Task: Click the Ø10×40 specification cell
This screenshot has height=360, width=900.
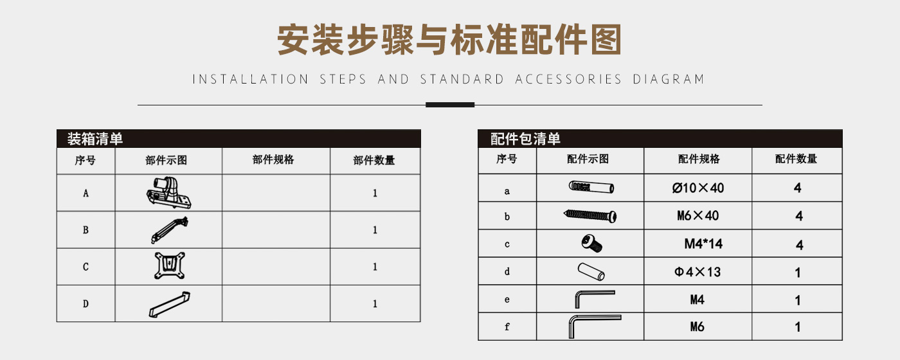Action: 698,188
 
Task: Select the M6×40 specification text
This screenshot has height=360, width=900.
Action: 698,216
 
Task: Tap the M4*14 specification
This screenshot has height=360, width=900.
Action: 703,244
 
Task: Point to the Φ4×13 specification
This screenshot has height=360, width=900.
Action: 697,272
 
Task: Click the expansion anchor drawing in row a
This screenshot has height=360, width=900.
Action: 591,187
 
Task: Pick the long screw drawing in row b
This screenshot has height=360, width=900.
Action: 590,215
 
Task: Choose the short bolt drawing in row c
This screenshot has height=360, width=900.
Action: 591,244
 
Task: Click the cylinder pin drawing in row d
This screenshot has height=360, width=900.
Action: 591,271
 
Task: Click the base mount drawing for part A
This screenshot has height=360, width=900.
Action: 168,193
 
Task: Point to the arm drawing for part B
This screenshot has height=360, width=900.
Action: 169,230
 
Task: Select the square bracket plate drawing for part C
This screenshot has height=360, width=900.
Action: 170,265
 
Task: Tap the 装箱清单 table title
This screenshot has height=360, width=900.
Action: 95,139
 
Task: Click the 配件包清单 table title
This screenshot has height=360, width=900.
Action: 525,139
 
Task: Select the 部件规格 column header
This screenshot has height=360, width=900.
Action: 273,160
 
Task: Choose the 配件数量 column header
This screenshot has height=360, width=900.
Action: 796,159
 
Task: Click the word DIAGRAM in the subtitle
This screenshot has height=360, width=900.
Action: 669,79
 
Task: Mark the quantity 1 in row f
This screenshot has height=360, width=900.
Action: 798,327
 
